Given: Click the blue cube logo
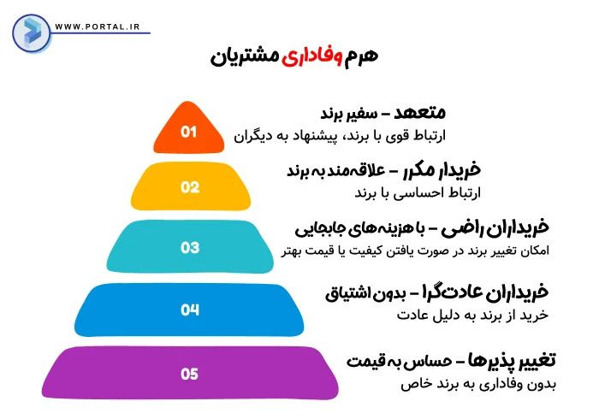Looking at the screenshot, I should [31, 30].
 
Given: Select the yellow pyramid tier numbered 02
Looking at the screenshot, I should [189, 186].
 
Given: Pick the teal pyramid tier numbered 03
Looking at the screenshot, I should [189, 248].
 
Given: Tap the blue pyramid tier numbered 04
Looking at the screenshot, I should [189, 310].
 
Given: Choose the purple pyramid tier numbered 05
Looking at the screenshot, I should [189, 373].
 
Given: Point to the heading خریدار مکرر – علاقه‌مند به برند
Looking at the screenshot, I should [365, 170].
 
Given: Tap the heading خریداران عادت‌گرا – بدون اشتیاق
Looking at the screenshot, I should [436, 293].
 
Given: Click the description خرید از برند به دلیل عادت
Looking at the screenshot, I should [471, 316].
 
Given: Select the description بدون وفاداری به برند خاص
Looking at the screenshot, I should [477, 384].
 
